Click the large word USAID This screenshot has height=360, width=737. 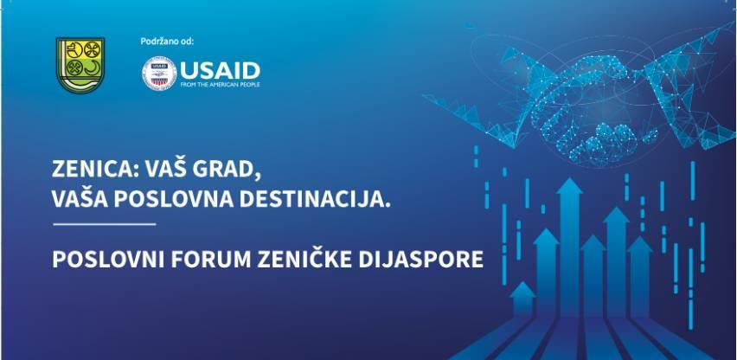(220, 68)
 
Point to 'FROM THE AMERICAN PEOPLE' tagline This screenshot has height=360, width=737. (220, 84)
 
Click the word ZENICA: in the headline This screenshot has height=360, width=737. (93, 171)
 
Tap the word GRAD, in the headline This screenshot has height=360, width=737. (227, 171)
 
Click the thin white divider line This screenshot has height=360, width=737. (104, 225)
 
